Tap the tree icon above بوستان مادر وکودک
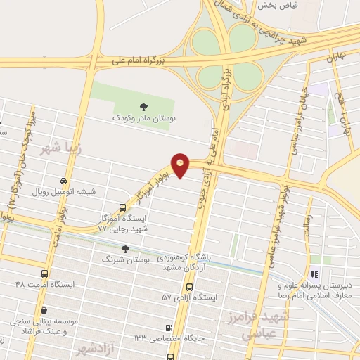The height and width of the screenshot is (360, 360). point(143,107)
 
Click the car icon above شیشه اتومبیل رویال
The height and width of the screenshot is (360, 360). point(64,181)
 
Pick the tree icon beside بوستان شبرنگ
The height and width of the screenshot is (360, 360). point(125,249)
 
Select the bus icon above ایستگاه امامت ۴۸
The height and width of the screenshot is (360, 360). point(44,274)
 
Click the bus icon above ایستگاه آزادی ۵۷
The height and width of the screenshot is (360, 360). point(188,287)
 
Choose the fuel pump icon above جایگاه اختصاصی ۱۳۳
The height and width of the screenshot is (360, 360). point(168,328)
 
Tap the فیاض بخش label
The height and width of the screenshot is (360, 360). point(277,5)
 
